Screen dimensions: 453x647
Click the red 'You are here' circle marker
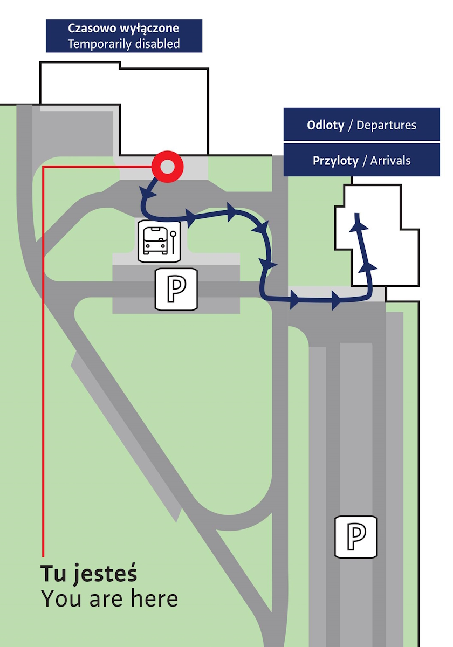[167, 167]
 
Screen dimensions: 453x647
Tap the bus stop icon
[159, 241]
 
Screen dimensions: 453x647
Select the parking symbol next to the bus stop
[176, 289]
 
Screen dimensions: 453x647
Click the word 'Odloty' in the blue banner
[325, 125]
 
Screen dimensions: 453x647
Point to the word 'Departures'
[386, 125]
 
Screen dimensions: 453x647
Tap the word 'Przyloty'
[335, 161]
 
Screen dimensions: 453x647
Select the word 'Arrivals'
[390, 161]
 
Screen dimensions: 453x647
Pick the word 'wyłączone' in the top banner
[149, 29]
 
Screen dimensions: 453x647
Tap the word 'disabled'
[157, 44]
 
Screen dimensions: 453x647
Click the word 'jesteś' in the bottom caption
[105, 574]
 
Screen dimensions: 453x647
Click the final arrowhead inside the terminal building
[358, 224]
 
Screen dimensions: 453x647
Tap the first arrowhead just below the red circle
[147, 192]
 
